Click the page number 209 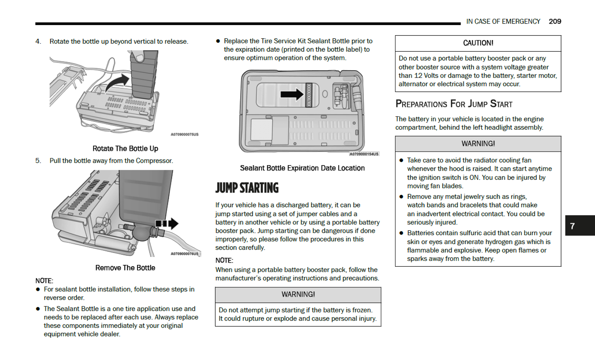tap(555, 21)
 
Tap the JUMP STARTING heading tap(247, 188)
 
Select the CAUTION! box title tap(478, 43)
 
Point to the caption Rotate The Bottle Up tap(125, 149)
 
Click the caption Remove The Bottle tap(125, 268)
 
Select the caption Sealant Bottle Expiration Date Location tap(302, 168)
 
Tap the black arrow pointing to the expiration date tap(292, 94)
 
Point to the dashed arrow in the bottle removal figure tap(167, 224)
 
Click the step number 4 tap(38, 41)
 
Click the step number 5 tap(38, 161)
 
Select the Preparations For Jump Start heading tap(454, 104)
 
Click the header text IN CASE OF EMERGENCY tap(503, 21)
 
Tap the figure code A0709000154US tap(364, 154)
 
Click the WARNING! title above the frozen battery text tap(298, 295)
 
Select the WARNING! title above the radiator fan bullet tap(478, 144)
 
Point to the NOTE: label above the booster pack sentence tap(224, 261)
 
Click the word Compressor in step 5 tap(154, 161)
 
